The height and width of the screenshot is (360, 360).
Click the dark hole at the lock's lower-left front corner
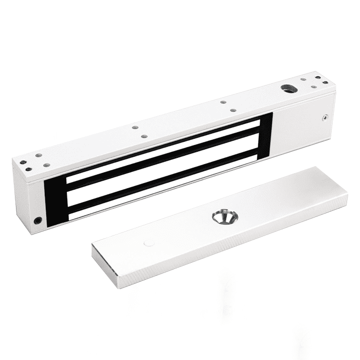[x=37, y=221]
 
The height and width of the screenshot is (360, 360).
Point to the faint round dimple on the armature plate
[x=149, y=242]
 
